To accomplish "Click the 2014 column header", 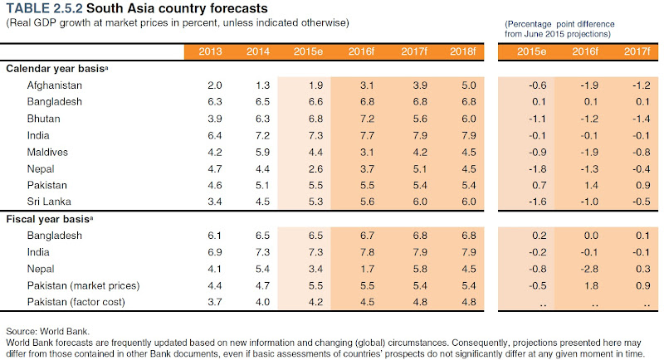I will [258, 52].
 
